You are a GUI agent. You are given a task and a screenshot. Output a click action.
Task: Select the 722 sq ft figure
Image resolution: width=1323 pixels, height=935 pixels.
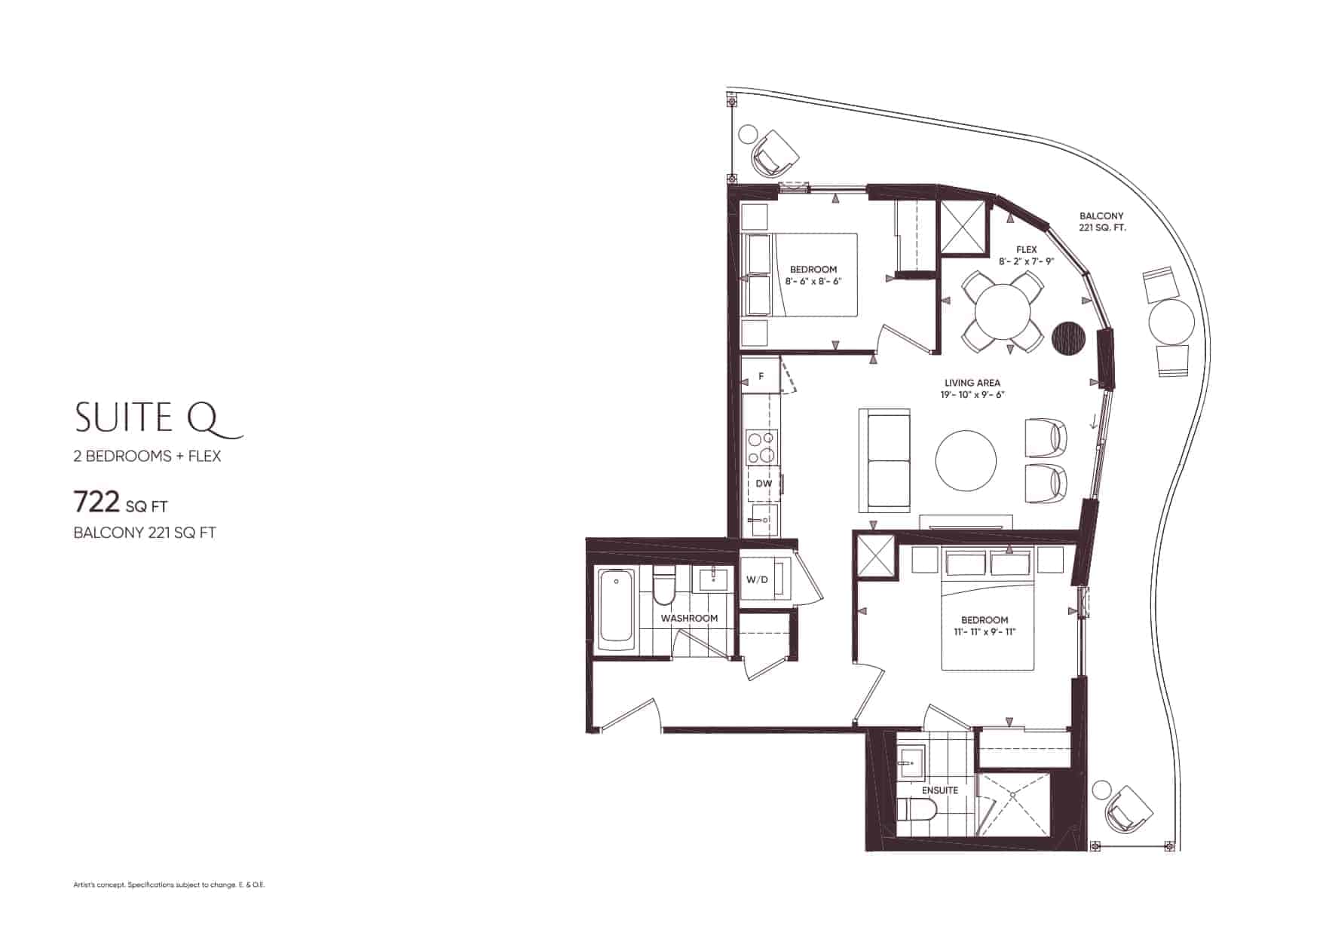coord(121,501)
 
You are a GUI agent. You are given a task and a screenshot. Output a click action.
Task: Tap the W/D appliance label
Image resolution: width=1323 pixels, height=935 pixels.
coord(757,579)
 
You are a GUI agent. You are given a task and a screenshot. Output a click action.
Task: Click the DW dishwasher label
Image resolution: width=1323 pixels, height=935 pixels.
coord(764,484)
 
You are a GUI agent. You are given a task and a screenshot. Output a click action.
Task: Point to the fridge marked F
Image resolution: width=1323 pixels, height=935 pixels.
coord(761,376)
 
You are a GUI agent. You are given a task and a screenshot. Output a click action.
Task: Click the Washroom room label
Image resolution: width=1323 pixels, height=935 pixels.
coord(689,618)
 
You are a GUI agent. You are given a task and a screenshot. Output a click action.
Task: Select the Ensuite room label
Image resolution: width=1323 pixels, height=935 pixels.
coord(940,790)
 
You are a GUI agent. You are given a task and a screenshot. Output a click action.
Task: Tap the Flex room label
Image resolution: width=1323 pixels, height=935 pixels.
coord(1026,249)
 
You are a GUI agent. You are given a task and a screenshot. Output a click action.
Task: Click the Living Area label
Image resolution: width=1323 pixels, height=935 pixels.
coord(972,383)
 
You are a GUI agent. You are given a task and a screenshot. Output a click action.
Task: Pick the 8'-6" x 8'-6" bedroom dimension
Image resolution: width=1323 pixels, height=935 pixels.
coord(813,281)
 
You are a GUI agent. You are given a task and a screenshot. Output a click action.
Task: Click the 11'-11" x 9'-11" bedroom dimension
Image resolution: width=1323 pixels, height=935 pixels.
coord(985,631)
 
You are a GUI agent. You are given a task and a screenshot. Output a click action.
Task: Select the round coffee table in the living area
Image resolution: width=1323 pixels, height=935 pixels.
coord(966,460)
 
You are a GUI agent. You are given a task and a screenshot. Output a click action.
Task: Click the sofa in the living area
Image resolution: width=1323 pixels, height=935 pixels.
coord(884,460)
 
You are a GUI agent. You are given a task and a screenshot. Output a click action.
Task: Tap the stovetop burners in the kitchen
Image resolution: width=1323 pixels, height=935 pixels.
coord(761,447)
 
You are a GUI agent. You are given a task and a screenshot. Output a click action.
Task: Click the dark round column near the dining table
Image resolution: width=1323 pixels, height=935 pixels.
coord(1067,337)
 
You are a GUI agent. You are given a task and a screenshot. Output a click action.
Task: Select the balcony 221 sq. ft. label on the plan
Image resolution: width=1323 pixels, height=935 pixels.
coord(1101,222)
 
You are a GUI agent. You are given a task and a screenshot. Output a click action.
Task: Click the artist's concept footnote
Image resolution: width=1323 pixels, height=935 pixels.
coord(170,885)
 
